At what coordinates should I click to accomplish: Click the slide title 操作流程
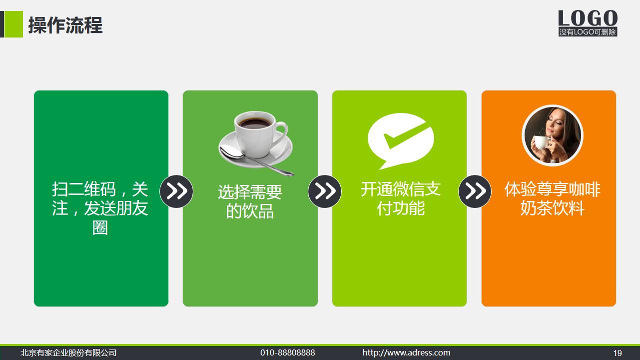pos(65,25)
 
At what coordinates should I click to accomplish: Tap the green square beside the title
pos(13,24)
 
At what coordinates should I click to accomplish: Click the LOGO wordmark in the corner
pos(588,18)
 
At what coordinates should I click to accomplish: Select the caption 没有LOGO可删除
pos(588,32)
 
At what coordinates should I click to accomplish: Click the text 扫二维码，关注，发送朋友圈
pos(100,208)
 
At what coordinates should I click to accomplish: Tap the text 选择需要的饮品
pos(250,201)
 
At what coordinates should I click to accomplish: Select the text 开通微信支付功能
pos(401,198)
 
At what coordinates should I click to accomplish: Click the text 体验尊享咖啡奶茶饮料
pos(552,198)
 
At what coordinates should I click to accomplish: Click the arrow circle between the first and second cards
pos(176,191)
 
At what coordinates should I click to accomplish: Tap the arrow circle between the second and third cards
pos(325,191)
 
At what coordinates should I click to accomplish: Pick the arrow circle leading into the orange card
pos(475,191)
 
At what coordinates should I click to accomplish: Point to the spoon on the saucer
pos(255,161)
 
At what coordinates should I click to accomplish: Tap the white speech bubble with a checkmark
pos(400,139)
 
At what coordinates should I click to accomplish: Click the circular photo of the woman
pos(552,135)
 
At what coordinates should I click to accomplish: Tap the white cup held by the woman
pos(541,143)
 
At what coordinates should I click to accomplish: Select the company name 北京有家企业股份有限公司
pos(68,353)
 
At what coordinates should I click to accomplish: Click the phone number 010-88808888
pos(288,353)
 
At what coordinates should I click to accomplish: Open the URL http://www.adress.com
pos(406,353)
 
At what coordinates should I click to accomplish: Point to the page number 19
pos(618,353)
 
